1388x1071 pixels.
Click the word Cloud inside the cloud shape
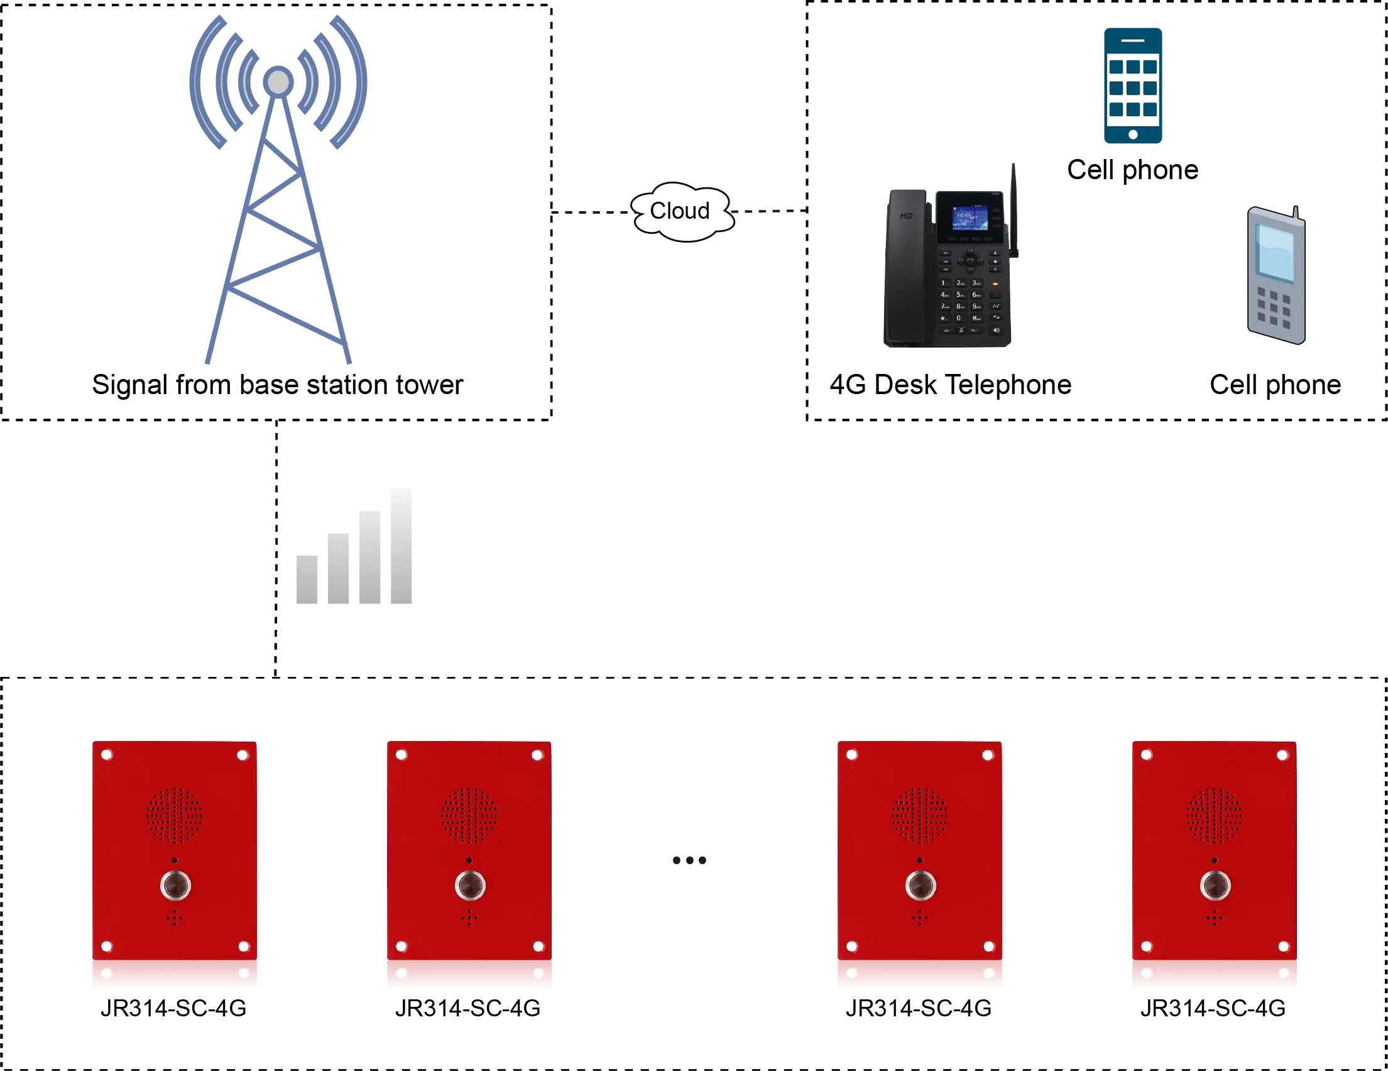679,211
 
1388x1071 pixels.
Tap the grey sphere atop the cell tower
278,81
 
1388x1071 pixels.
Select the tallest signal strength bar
399,547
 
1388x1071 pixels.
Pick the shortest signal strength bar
306,579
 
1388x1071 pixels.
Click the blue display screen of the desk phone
969,218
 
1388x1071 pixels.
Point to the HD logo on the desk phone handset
905,216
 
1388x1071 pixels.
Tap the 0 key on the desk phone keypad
959,318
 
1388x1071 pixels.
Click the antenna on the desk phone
1014,210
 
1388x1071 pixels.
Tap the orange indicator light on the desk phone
995,283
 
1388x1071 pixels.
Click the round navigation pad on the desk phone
970,260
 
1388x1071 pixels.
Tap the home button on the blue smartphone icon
1132,135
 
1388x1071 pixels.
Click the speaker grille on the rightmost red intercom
1214,815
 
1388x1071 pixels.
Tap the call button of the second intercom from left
470,886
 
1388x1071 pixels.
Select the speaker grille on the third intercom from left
920,815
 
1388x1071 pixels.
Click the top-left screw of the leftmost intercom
107,754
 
